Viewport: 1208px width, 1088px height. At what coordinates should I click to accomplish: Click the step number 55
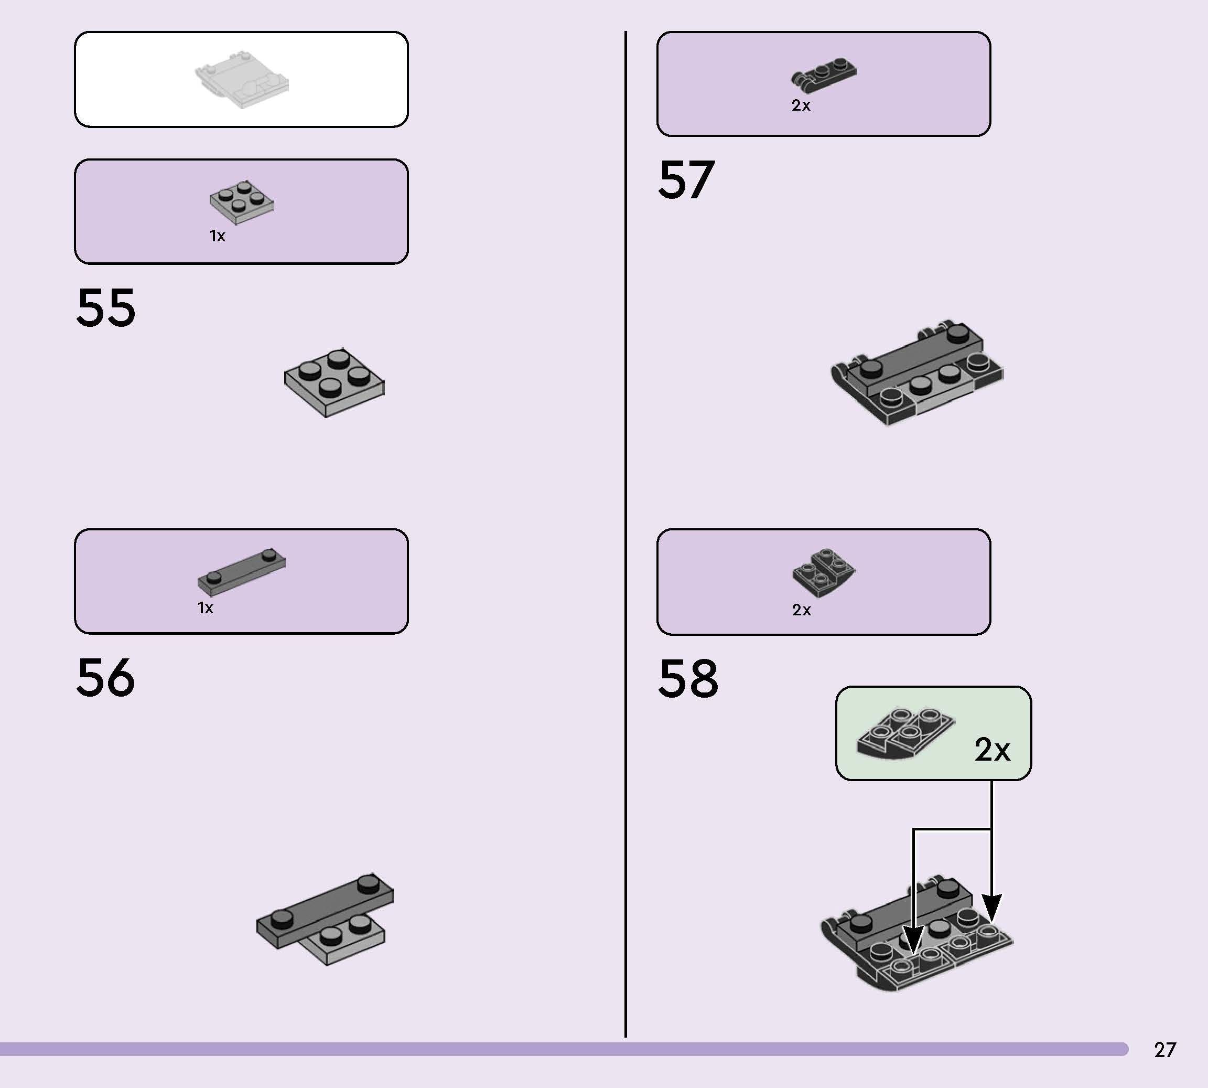point(106,307)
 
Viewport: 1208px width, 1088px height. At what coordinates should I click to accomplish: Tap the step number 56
point(106,677)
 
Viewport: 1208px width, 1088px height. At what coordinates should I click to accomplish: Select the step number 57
point(686,179)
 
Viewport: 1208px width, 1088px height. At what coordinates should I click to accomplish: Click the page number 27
point(1165,1050)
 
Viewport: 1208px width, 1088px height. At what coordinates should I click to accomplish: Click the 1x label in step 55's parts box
point(218,236)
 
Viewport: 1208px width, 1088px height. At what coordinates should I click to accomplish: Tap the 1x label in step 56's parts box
point(206,608)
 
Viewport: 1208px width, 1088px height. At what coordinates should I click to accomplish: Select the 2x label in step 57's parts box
point(801,105)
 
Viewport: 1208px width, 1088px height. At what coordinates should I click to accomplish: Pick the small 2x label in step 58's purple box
point(802,610)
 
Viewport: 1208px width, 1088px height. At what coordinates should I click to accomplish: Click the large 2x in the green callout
point(993,749)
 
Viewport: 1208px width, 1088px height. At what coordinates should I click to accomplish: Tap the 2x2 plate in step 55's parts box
point(242,202)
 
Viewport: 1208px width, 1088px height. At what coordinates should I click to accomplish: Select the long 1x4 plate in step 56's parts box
point(241,571)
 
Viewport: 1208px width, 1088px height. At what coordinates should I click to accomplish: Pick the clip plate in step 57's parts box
point(823,76)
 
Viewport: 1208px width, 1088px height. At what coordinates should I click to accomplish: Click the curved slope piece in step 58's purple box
point(824,572)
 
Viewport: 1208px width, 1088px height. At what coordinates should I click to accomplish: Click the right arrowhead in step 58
point(992,908)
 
